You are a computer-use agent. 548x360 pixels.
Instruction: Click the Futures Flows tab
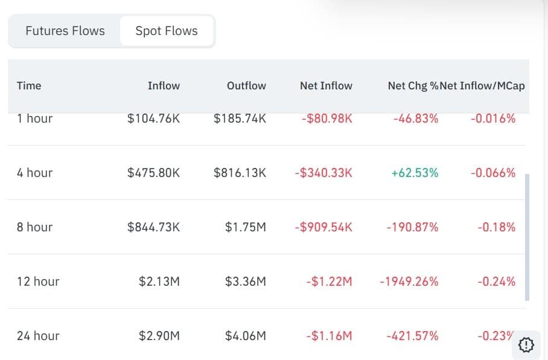click(x=65, y=31)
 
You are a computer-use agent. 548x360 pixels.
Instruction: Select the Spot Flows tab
click(x=167, y=31)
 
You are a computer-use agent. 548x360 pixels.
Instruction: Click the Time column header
click(x=29, y=86)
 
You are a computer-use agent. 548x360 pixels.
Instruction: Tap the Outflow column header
click(x=246, y=86)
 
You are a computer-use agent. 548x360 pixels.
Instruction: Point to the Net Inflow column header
click(x=326, y=86)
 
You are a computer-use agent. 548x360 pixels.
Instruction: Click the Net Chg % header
click(x=413, y=86)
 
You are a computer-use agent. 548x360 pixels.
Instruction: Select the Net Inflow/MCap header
click(x=482, y=86)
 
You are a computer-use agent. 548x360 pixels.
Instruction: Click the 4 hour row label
click(x=34, y=173)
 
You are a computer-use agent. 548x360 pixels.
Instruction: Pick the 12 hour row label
click(x=38, y=281)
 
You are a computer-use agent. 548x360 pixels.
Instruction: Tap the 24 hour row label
click(x=38, y=335)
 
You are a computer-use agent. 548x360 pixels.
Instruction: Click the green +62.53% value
click(x=415, y=173)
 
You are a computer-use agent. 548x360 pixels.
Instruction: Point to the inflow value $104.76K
click(x=153, y=118)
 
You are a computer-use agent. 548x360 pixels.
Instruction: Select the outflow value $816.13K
click(x=240, y=173)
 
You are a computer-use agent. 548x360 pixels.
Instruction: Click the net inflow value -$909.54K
click(x=323, y=227)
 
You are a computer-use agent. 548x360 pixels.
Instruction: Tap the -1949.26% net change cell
click(x=409, y=281)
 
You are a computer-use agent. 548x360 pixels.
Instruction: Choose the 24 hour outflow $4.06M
click(x=246, y=335)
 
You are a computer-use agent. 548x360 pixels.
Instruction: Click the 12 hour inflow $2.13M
click(x=159, y=281)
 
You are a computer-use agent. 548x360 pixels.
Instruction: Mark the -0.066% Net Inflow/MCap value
click(x=493, y=173)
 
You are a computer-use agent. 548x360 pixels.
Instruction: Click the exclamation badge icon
click(x=526, y=345)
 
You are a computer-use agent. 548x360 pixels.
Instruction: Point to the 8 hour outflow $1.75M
click(x=246, y=227)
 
